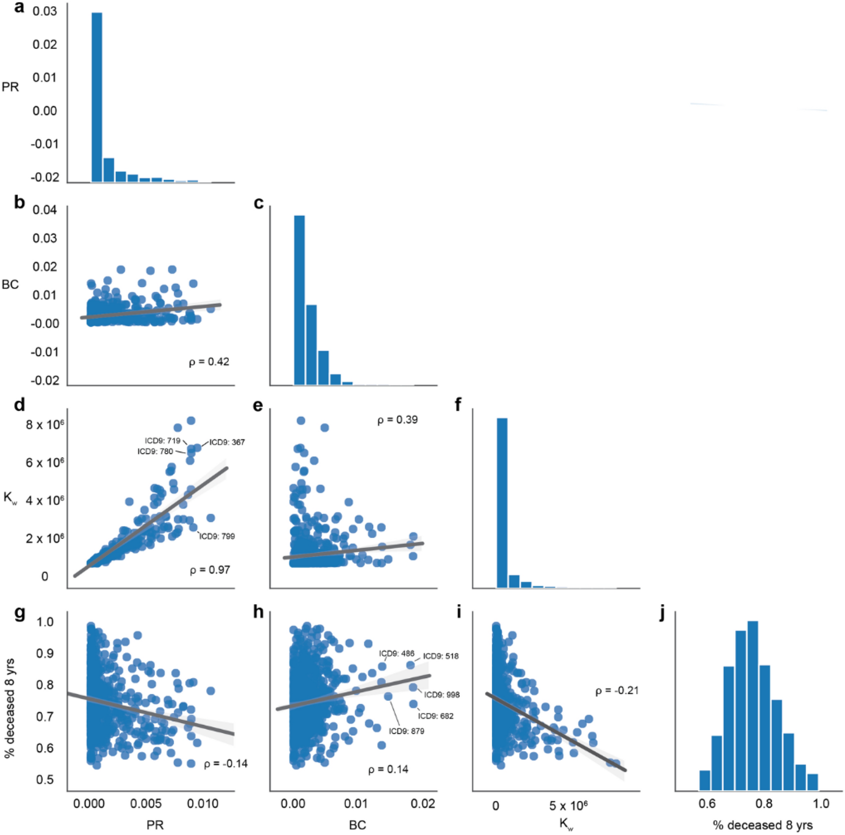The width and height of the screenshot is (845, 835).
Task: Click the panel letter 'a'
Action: pyautogui.click(x=19, y=7)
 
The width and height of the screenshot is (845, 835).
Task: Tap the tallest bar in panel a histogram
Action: pyautogui.click(x=97, y=96)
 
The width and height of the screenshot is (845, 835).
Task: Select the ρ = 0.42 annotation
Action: pyautogui.click(x=209, y=362)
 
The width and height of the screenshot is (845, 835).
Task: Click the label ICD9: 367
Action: pyautogui.click(x=227, y=442)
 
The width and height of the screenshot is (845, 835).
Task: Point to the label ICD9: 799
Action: pyautogui.click(x=217, y=536)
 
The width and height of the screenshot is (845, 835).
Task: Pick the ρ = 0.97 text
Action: pyautogui.click(x=210, y=570)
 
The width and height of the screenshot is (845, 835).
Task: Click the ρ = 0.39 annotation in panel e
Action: pyautogui.click(x=397, y=420)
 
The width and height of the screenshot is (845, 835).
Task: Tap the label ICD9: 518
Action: pyautogui.click(x=441, y=656)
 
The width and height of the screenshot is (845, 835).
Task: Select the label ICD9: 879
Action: pyautogui.click(x=406, y=731)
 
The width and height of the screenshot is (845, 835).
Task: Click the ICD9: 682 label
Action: pyautogui.click(x=435, y=716)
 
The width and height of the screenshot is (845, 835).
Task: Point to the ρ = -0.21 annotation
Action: pyautogui.click(x=617, y=690)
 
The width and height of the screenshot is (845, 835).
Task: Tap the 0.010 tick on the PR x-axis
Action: pyautogui.click(x=202, y=804)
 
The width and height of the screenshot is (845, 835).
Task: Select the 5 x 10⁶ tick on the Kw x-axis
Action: pyautogui.click(x=568, y=806)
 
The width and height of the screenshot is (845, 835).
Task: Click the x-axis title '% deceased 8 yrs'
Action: pyautogui.click(x=762, y=825)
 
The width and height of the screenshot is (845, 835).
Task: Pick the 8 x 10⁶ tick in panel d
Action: pyautogui.click(x=45, y=425)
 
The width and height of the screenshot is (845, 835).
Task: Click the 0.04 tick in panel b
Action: pyautogui.click(x=44, y=210)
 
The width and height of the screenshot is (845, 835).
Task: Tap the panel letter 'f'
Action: pyautogui.click(x=458, y=405)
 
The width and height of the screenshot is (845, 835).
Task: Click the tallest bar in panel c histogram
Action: pyautogui.click(x=299, y=300)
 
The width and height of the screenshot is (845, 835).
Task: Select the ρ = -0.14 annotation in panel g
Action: pyautogui.click(x=226, y=763)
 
